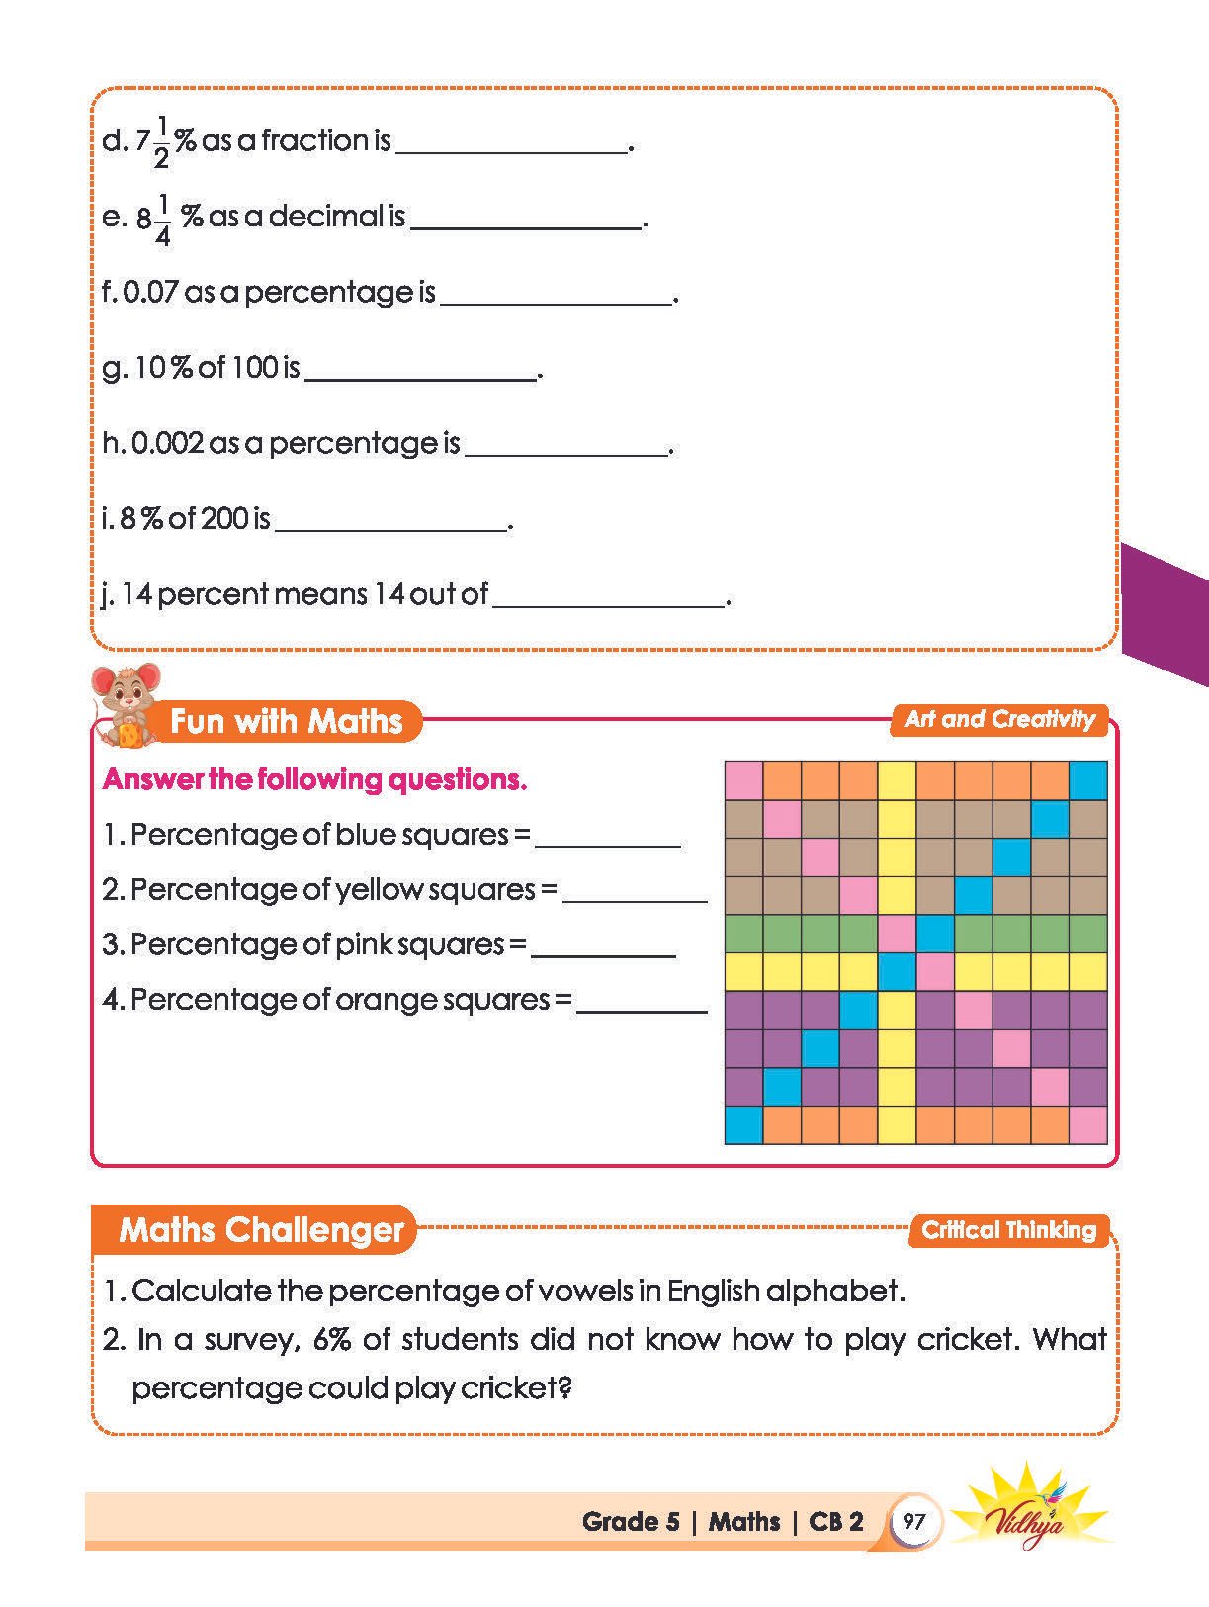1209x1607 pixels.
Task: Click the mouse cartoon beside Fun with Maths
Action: point(125,704)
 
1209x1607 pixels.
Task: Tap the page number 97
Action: point(913,1520)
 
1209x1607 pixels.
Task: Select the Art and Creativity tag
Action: point(999,719)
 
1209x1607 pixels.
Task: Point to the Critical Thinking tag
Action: point(1008,1230)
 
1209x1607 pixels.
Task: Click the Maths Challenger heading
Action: point(261,1230)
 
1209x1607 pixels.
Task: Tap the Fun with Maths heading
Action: point(286,721)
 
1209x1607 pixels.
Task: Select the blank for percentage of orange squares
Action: point(642,1003)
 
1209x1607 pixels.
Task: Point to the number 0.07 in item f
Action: point(150,292)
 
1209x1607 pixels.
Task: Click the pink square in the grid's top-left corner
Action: point(743,780)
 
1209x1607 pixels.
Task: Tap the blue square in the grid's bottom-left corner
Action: point(743,1124)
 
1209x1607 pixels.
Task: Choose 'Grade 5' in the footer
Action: point(631,1521)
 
